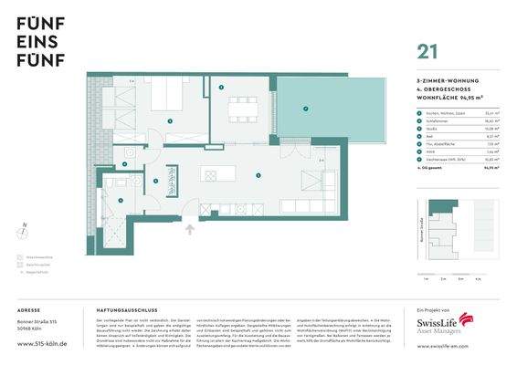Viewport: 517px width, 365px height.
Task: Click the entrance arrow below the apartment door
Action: pyautogui.click(x=189, y=230)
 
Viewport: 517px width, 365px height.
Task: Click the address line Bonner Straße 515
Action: pyautogui.click(x=40, y=324)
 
